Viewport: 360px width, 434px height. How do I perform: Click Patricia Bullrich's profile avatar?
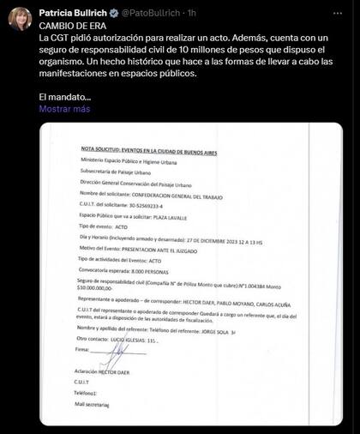click(x=20, y=18)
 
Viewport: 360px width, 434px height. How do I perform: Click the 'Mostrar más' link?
click(x=64, y=109)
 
